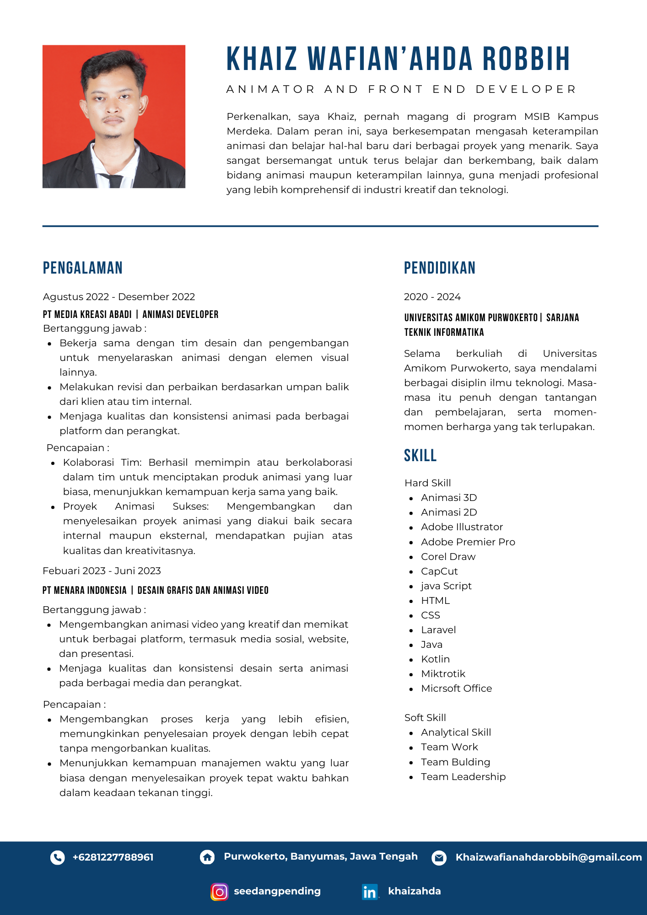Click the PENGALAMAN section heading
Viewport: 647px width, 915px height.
coord(83,268)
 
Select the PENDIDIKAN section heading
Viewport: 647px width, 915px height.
coord(439,268)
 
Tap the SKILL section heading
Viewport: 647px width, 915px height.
coord(420,456)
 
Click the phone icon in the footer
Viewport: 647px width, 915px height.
coord(58,857)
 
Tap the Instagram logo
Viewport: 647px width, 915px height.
coord(219,892)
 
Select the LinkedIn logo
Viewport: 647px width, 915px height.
coord(370,892)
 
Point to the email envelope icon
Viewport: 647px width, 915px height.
coord(439,857)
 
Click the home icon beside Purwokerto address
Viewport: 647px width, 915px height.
coord(207,857)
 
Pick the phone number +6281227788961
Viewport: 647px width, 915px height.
coord(113,857)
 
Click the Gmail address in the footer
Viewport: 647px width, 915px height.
coord(549,857)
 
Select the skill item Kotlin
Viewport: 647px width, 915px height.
coord(435,659)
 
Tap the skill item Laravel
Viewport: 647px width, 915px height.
coord(438,630)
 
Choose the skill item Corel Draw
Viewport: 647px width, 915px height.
coord(448,557)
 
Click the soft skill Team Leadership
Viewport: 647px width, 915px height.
coord(463,777)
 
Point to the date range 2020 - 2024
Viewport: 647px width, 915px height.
coord(432,297)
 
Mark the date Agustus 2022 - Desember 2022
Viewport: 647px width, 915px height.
coord(119,297)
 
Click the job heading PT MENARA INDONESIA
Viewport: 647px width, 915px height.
coord(85,590)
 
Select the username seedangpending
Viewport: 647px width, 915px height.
coord(277,891)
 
